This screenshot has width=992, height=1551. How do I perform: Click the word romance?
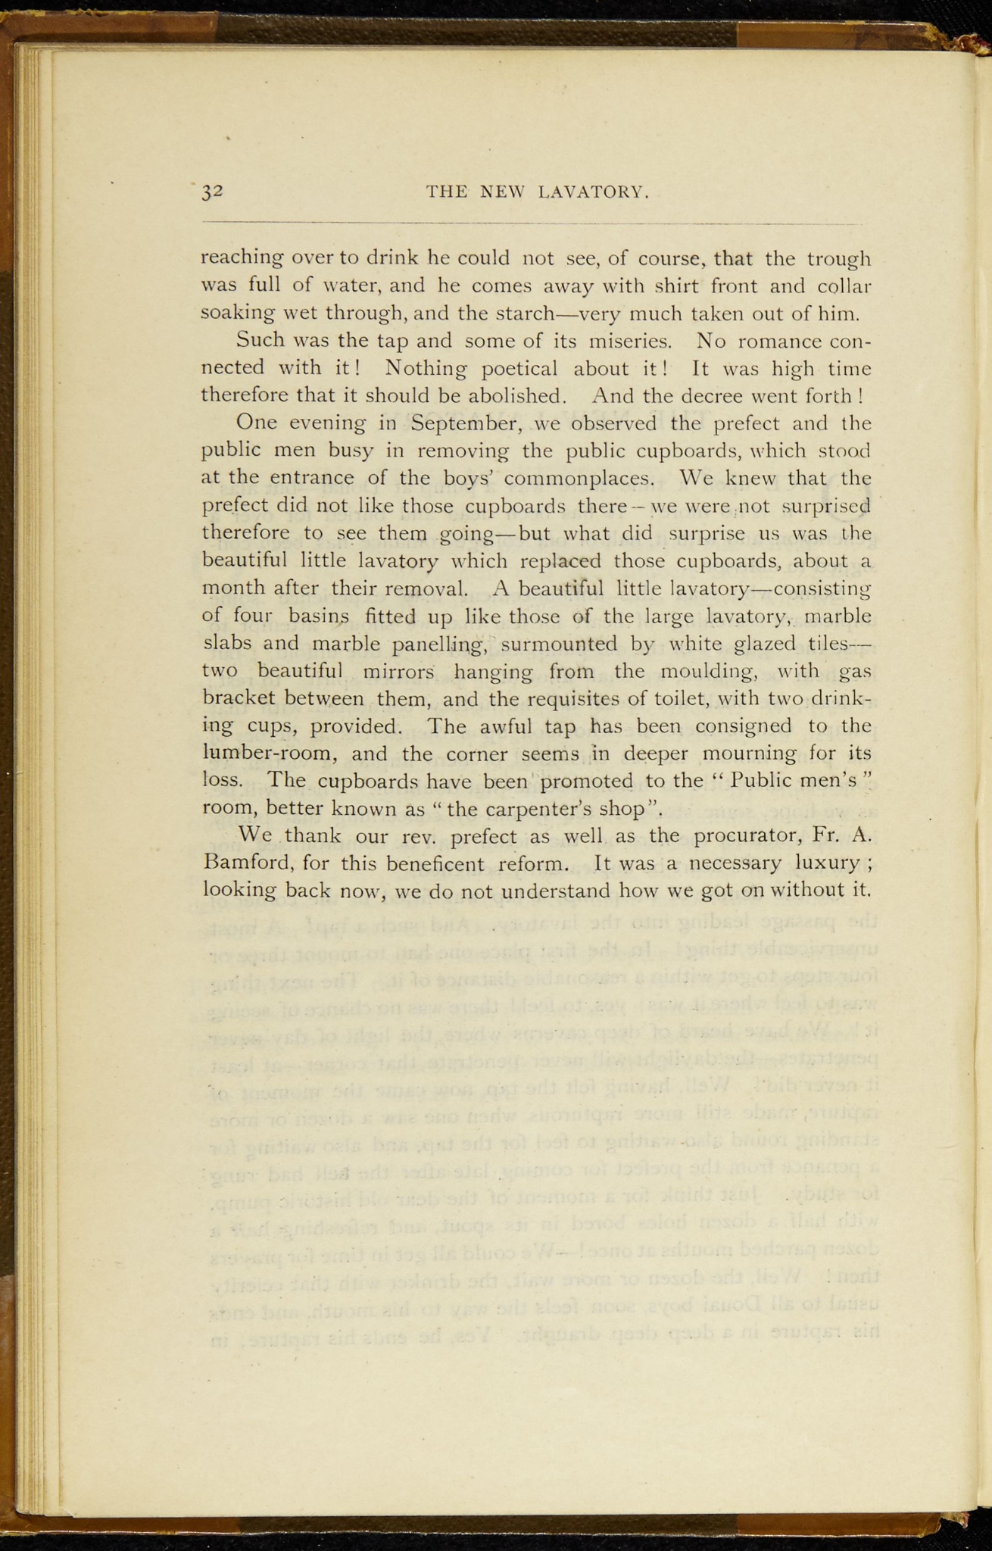click(767, 340)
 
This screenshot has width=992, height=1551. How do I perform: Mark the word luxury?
click(825, 863)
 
